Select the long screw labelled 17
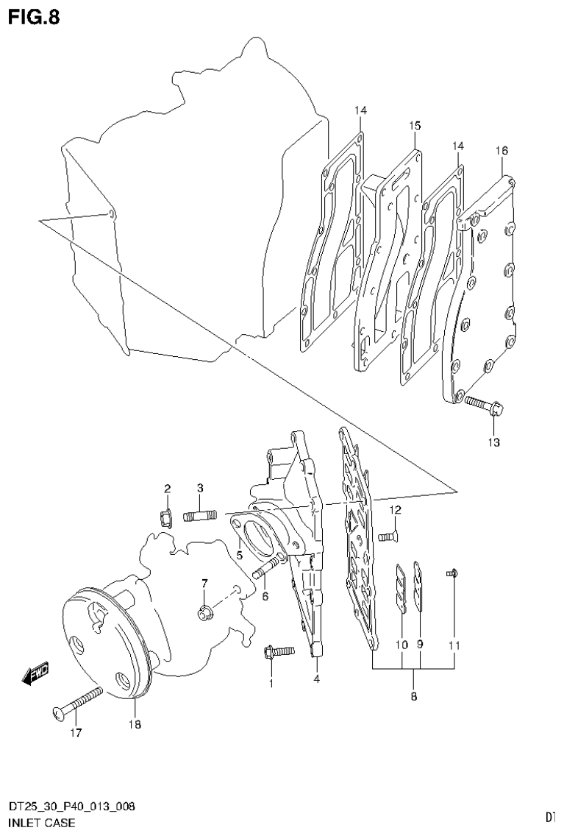point(76,702)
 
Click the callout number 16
point(501,150)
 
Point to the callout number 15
point(415,126)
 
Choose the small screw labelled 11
point(453,573)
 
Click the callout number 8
point(413,695)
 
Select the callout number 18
point(135,725)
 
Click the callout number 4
point(316,679)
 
